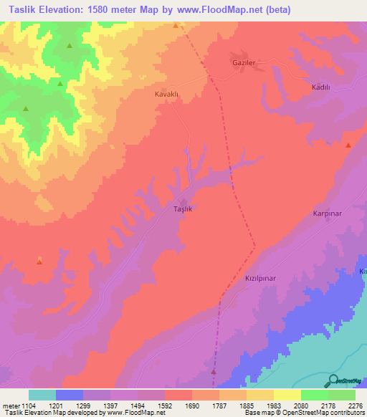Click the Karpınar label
click(x=328, y=214)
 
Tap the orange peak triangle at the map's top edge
click(x=176, y=25)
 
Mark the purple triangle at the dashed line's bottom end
click(x=214, y=372)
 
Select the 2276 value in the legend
click(x=355, y=405)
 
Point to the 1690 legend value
click(x=191, y=405)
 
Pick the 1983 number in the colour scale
click(x=273, y=405)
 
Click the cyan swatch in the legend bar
click(x=42, y=395)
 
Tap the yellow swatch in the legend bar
click(x=287, y=395)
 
